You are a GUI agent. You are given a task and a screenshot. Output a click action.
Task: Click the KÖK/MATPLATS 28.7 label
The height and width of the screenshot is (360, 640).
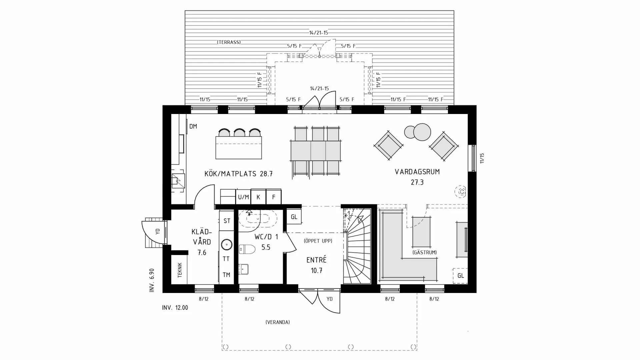(238, 174)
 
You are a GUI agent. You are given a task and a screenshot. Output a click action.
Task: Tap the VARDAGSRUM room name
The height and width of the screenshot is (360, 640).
(417, 172)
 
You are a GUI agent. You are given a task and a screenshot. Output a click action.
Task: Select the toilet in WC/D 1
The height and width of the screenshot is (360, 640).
(247, 249)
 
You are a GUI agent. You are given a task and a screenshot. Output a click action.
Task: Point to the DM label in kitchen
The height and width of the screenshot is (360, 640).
(193, 126)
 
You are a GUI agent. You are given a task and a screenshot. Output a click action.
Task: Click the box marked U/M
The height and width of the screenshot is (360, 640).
(243, 197)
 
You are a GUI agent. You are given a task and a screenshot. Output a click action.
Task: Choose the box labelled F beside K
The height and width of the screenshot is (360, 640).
(274, 197)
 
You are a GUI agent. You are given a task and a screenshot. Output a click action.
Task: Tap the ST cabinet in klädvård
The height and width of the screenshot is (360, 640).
(227, 221)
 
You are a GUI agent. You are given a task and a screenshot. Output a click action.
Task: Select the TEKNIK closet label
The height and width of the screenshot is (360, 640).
(180, 270)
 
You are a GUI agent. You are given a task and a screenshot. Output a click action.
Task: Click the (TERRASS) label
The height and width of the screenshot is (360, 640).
(229, 42)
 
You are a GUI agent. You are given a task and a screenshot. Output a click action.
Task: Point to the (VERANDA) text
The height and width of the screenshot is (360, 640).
(278, 322)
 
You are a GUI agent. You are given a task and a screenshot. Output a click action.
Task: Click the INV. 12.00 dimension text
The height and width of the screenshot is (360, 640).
(175, 308)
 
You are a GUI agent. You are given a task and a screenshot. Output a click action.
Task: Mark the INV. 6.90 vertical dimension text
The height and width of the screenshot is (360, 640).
(152, 280)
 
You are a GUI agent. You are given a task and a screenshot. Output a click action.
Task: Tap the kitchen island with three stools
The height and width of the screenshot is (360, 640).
(238, 147)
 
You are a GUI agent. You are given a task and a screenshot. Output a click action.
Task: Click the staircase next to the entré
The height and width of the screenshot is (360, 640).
(357, 247)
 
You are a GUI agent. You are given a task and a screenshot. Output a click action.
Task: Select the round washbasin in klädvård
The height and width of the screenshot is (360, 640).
(227, 245)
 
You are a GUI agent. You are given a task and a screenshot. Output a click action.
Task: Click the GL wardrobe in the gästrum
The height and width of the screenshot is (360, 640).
(460, 276)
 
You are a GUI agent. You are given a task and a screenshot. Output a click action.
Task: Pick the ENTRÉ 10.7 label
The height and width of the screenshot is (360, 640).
(316, 265)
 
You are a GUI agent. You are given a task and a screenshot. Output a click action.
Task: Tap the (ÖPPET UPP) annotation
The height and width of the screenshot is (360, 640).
(318, 241)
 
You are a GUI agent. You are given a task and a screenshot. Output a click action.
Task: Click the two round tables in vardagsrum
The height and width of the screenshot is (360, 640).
(418, 132)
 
